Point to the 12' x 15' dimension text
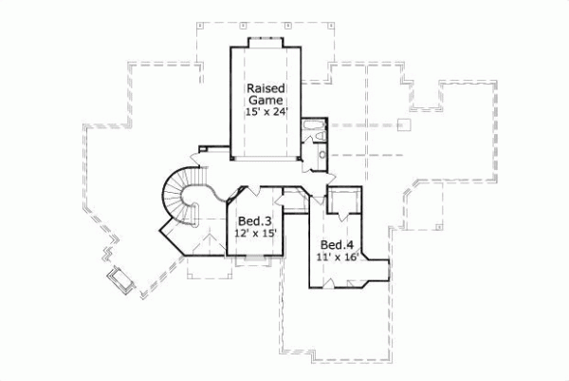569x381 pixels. (x=254, y=233)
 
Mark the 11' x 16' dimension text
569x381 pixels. (x=336, y=257)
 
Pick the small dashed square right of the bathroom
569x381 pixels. (x=404, y=124)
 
